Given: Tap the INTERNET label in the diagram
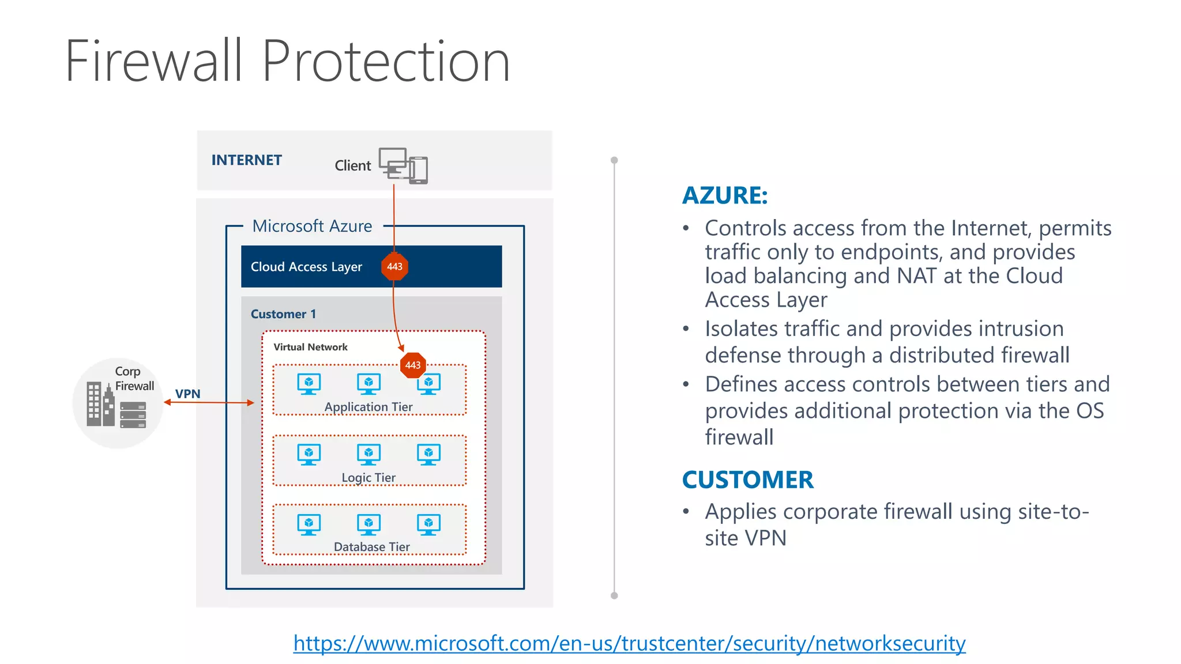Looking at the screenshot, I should point(246,160).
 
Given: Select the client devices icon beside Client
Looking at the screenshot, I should point(403,166).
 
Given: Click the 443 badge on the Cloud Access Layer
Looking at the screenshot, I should point(394,267).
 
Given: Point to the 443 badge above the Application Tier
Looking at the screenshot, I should point(413,365).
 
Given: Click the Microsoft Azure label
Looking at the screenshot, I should point(312,226).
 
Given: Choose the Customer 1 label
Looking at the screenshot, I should point(283,314).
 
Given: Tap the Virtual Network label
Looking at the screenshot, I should point(310,347).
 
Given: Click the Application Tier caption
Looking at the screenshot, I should point(368,407).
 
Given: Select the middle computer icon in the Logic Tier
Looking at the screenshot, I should point(368,454).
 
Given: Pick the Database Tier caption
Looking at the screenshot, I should point(371,546).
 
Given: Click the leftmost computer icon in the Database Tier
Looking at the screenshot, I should point(309,525).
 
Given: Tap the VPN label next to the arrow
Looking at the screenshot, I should point(188,394).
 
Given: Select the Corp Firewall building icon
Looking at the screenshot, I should point(101,404).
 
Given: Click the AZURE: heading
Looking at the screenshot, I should point(725,195).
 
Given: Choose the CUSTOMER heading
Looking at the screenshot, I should point(747,480).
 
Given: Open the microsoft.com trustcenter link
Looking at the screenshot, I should point(629,643).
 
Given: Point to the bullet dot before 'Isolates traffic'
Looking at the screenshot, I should point(686,329).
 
